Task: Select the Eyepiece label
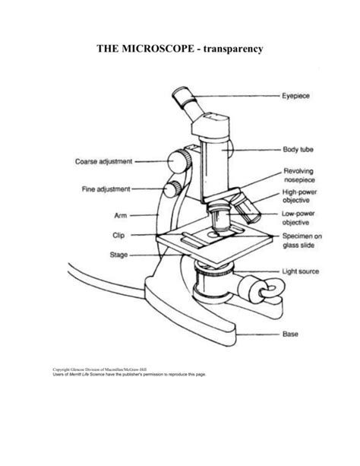(297, 97)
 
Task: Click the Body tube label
(298, 151)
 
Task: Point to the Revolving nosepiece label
(298, 176)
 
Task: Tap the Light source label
(300, 271)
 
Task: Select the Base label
(290, 333)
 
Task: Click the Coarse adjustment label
(103, 161)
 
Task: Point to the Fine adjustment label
(106, 189)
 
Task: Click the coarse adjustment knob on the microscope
(179, 161)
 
